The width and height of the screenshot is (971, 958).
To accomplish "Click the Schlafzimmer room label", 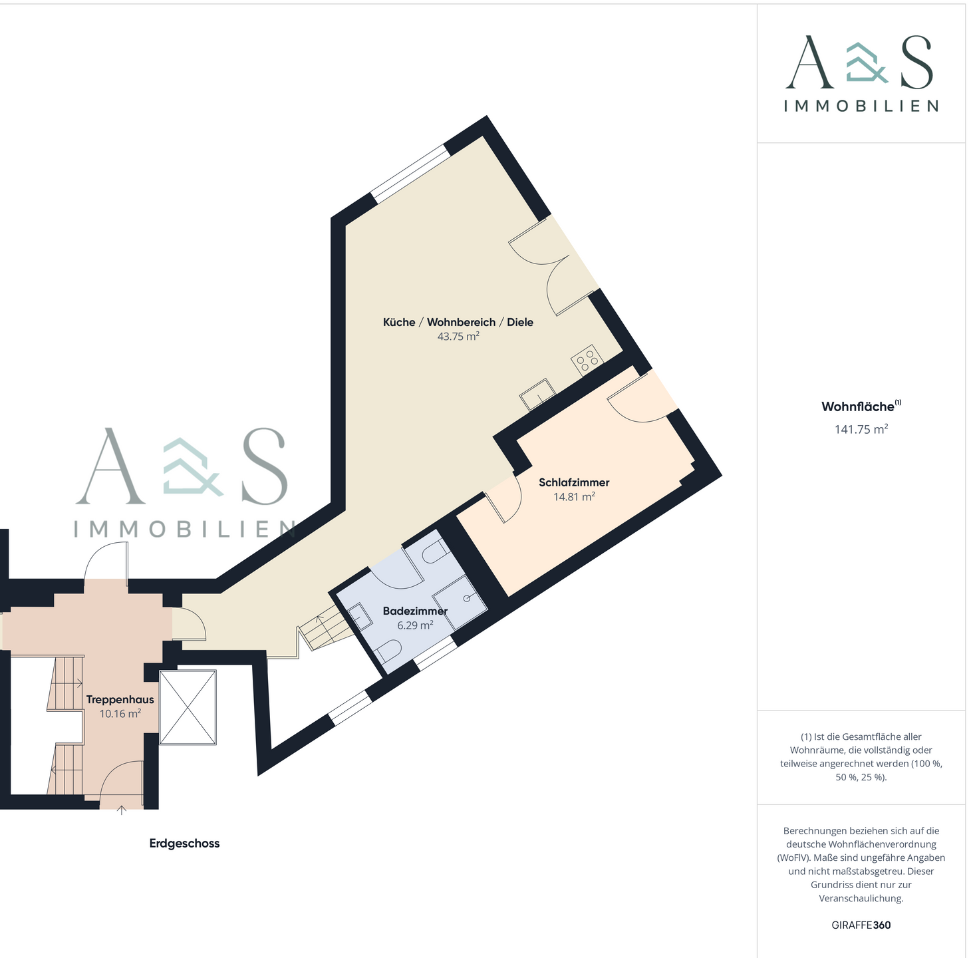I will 574,482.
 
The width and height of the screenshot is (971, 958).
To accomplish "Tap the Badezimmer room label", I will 415,611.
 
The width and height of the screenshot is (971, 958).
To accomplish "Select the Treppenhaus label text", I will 120,699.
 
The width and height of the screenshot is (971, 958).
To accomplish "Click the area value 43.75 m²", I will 458,337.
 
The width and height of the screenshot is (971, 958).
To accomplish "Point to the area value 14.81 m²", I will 574,497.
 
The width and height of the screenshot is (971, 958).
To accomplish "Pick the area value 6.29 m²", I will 415,625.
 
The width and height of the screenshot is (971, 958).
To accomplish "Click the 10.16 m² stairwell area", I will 120,714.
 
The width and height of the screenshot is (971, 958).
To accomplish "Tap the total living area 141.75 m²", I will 861,429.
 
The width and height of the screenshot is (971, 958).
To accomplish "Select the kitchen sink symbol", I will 538,395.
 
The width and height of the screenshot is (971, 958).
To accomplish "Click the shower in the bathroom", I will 460,603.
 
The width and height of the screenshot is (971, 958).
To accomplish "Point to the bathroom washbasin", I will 362,617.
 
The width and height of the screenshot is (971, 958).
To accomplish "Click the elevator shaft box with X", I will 188,708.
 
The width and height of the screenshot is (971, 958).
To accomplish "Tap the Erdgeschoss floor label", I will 184,843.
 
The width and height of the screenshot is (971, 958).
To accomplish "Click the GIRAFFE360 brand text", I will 861,925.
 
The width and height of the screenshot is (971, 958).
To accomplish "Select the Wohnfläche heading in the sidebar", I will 858,406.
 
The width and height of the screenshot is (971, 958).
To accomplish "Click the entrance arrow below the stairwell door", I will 122,810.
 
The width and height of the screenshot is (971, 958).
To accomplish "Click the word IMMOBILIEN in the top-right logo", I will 861,106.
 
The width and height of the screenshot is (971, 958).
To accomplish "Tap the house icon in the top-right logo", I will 866,63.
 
